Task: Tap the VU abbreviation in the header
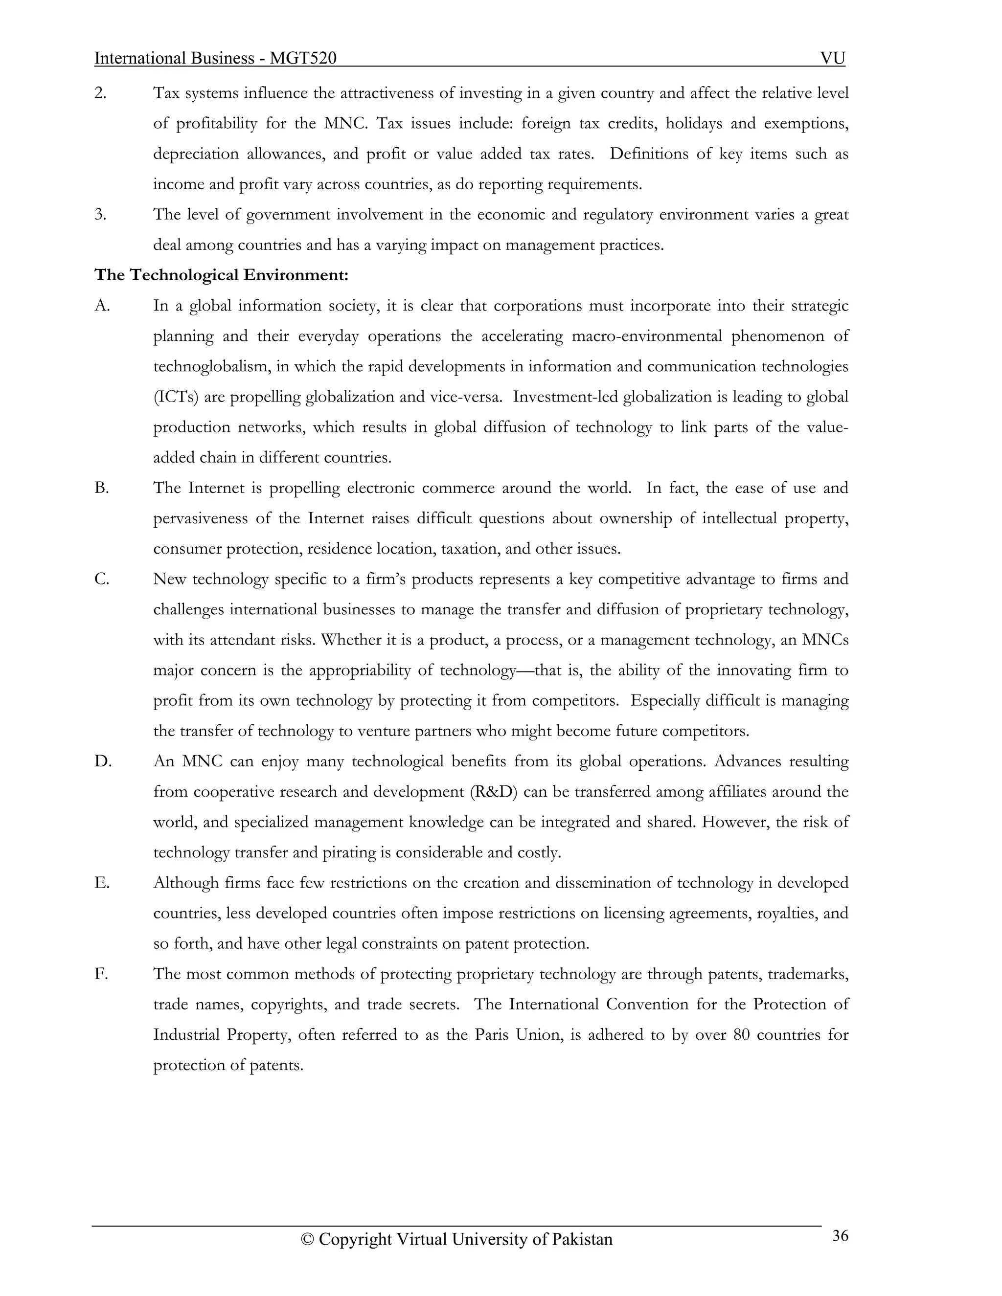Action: pyautogui.click(x=832, y=58)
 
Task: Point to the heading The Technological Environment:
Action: pyautogui.click(x=221, y=275)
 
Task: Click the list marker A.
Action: pyautogui.click(x=102, y=306)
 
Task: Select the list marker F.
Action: pyautogui.click(x=101, y=974)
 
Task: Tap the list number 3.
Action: pyautogui.click(x=100, y=214)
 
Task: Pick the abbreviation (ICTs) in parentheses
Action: pyautogui.click(x=176, y=397)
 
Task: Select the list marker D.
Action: pyautogui.click(x=103, y=761)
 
